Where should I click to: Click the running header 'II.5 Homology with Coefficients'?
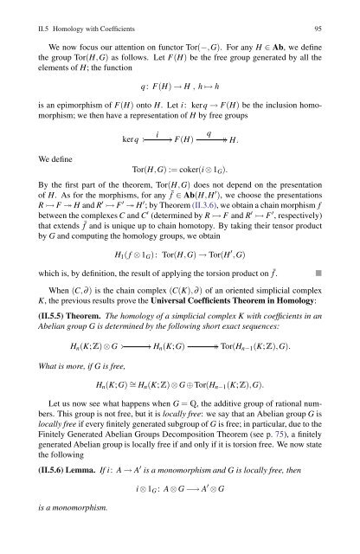pos(83,13)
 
